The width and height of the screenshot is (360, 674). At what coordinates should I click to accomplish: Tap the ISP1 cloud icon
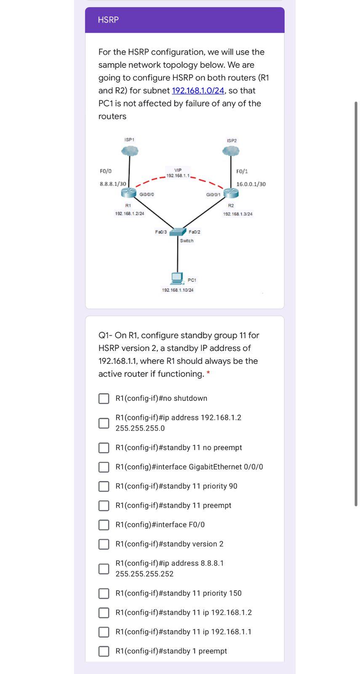(130, 151)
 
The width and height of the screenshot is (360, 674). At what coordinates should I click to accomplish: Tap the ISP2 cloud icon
(231, 151)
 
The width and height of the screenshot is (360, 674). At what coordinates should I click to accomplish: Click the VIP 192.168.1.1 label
(178, 173)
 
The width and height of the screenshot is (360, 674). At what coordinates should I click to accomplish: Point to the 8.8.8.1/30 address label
(113, 184)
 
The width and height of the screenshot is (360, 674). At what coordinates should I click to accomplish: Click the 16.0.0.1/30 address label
(251, 184)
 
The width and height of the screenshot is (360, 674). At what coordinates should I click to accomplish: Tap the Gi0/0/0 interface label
(147, 195)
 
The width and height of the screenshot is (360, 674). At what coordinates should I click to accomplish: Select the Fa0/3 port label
(161, 232)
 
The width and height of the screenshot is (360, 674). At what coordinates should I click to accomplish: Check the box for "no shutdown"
(104, 399)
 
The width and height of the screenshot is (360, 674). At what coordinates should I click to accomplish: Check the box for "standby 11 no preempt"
(104, 448)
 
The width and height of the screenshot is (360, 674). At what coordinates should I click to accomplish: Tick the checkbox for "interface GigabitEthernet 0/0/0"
(104, 467)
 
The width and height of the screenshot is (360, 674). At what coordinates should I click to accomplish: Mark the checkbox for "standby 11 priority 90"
(104, 487)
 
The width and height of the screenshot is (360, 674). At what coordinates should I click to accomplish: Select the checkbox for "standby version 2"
(104, 544)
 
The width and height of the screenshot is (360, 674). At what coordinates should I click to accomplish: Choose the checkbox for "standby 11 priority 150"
(104, 594)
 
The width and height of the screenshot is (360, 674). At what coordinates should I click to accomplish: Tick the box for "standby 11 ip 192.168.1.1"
(104, 632)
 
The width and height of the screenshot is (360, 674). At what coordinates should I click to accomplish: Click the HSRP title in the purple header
(108, 20)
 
